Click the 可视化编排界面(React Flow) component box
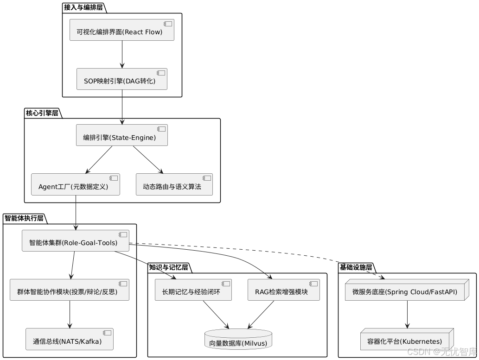click(x=121, y=30)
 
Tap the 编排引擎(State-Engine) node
click(x=121, y=135)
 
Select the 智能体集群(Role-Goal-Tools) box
click(x=75, y=240)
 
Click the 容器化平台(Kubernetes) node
click(x=407, y=340)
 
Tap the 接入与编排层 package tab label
click(x=83, y=7)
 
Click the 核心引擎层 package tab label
click(x=42, y=113)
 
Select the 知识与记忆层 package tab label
click(x=168, y=267)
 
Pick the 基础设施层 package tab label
click(x=356, y=267)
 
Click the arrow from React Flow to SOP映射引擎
click(x=121, y=55)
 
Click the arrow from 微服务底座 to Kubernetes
click(x=407, y=315)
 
